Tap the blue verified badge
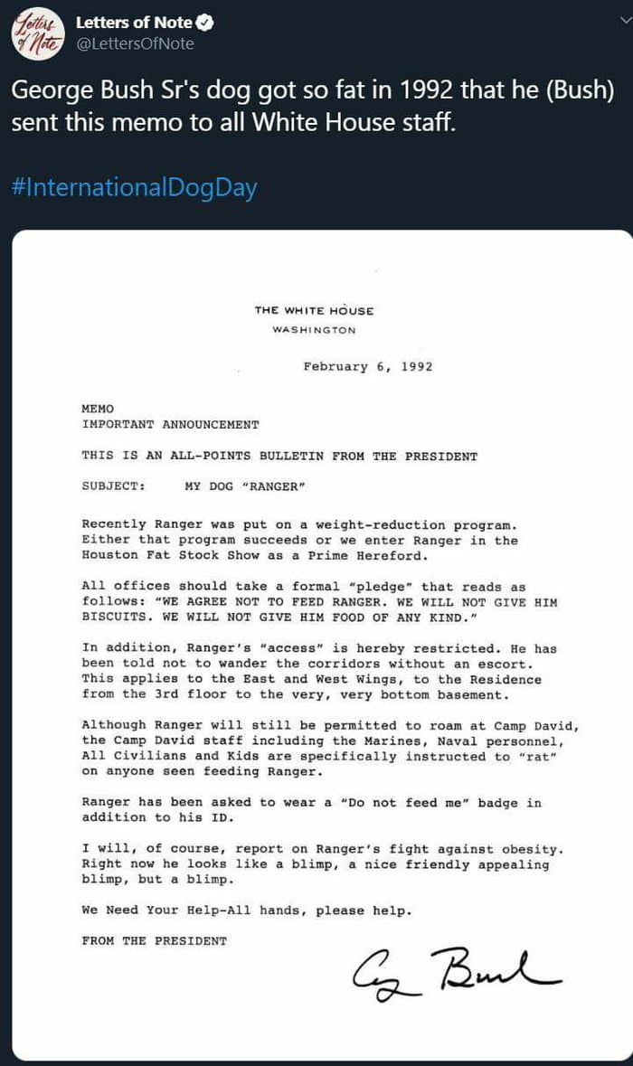[x=203, y=23]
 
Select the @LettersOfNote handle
[x=135, y=43]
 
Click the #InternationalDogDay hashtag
[x=134, y=188]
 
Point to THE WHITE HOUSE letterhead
[x=314, y=311]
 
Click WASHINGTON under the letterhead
[x=314, y=330]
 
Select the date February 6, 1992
[x=367, y=366]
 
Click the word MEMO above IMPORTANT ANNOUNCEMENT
[x=98, y=409]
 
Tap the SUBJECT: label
[x=113, y=486]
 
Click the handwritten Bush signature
[x=456, y=970]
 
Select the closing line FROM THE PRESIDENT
[x=154, y=941]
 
